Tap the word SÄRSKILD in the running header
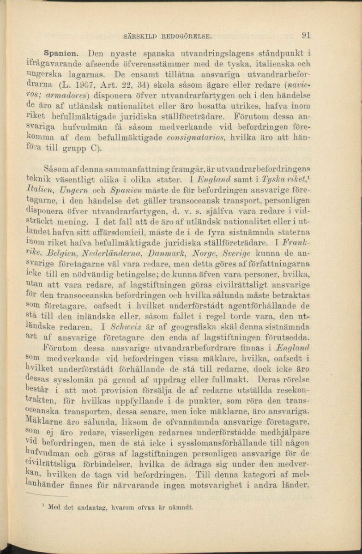click(x=142, y=35)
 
